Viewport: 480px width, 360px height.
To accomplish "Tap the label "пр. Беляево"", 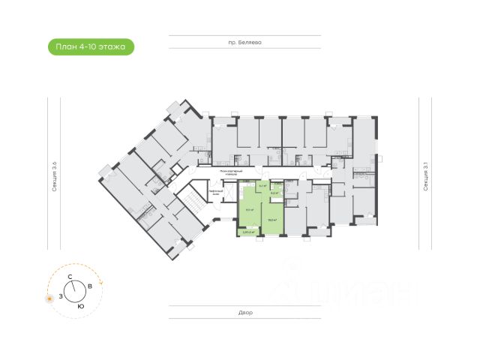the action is click(249, 43).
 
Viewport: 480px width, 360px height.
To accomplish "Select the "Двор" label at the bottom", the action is click(247, 312).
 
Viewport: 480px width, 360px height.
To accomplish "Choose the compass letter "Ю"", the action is click(80, 306).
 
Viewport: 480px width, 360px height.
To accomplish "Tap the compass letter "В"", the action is click(90, 286).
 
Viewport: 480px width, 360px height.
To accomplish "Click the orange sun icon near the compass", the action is click(49, 299).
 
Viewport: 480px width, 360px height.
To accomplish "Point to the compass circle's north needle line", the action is click(75, 284).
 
